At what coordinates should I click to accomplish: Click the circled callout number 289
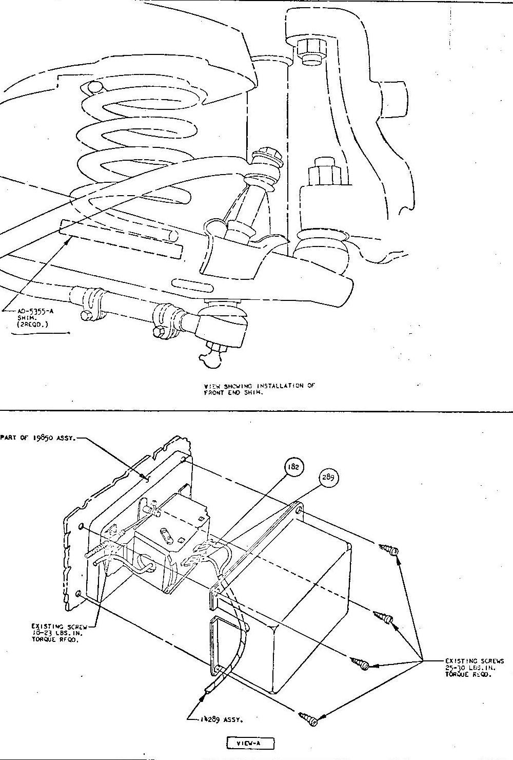(x=328, y=477)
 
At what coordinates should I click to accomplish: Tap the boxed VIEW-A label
(x=251, y=743)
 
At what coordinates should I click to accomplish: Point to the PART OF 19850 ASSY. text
(x=38, y=439)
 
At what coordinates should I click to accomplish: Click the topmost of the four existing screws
(x=389, y=550)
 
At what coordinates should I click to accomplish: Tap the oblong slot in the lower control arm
(x=187, y=282)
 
